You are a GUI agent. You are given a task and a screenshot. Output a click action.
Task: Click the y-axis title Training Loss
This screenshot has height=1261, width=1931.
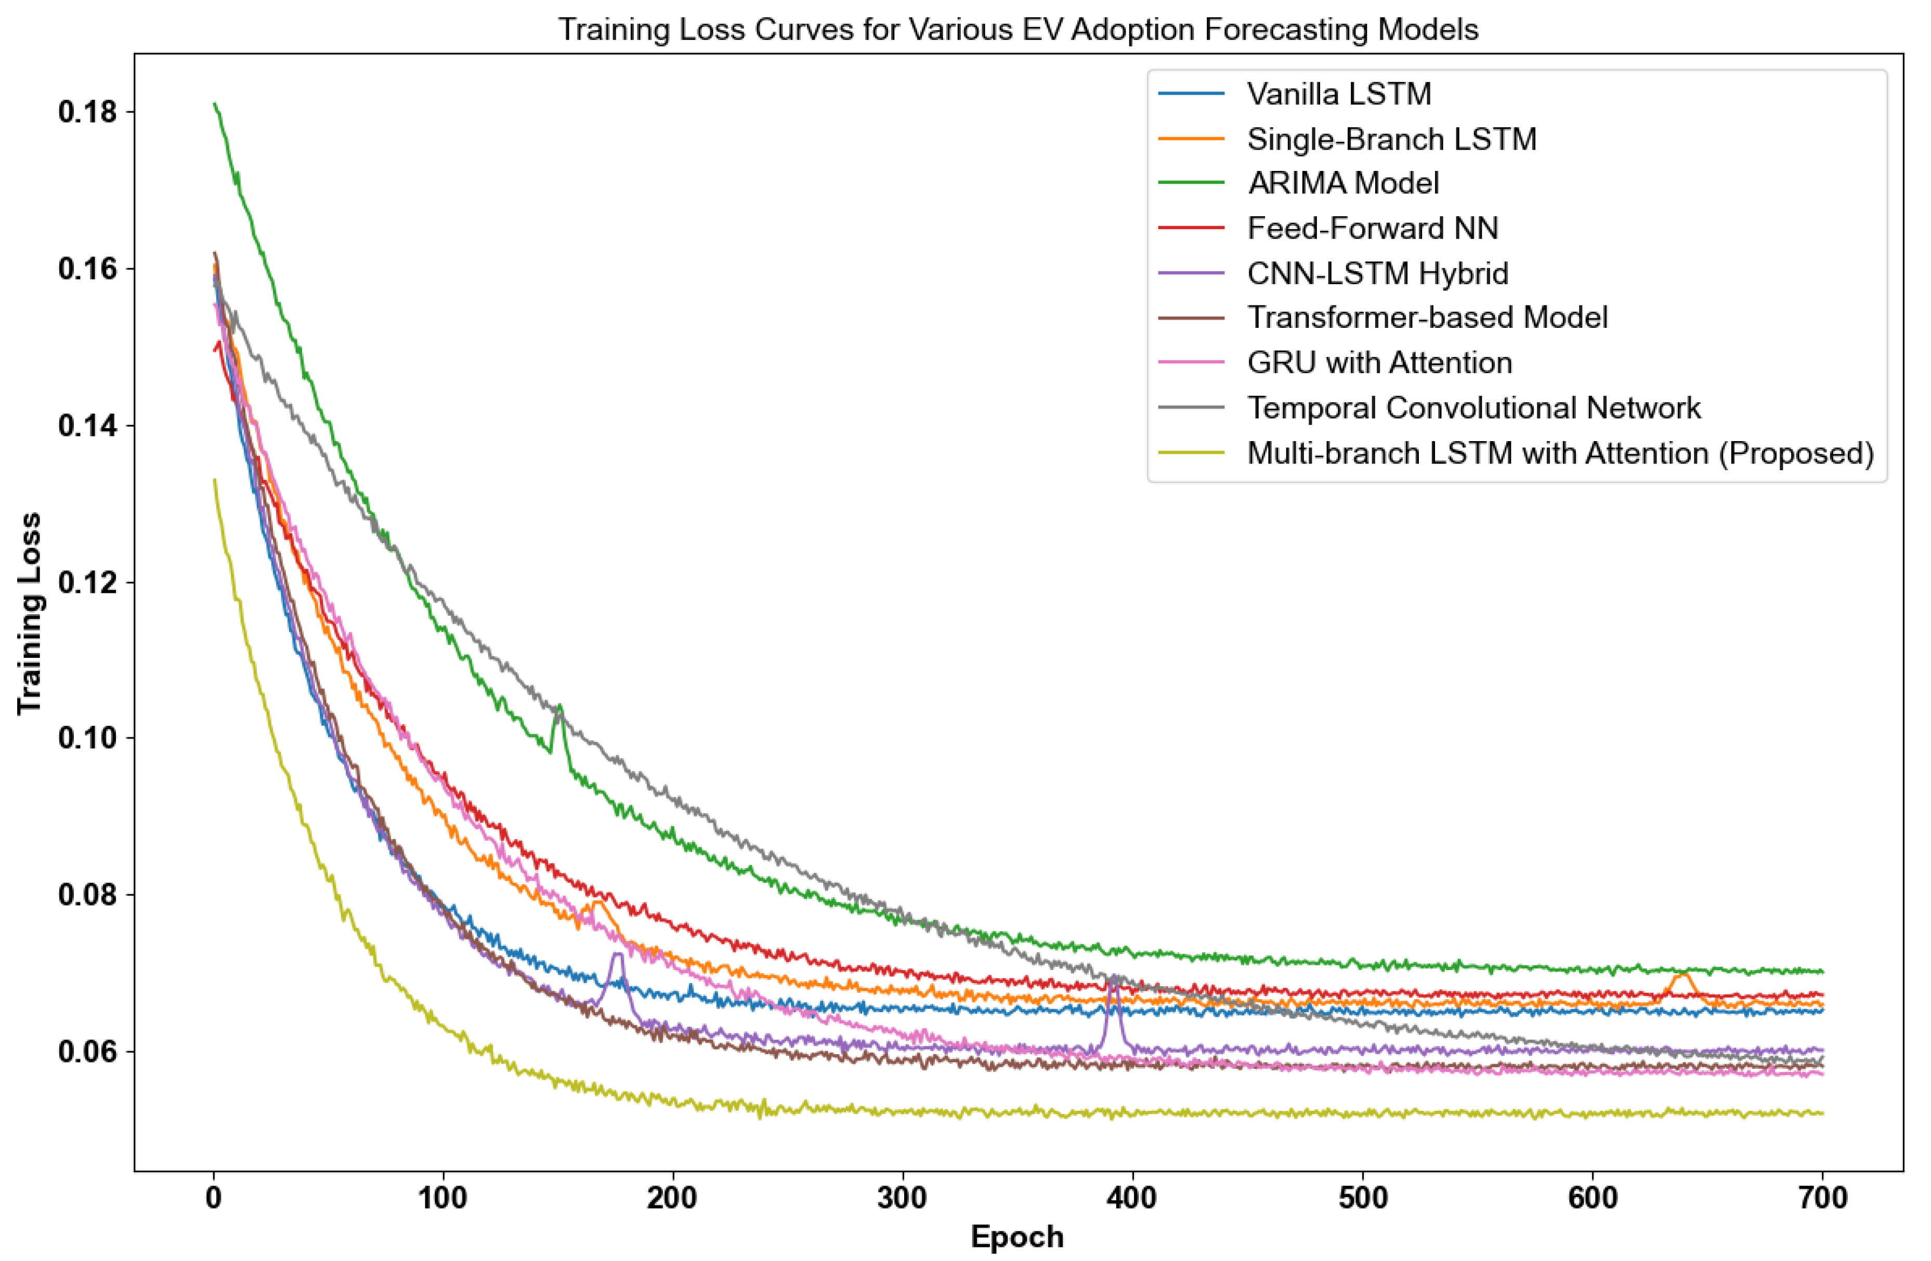tap(29, 613)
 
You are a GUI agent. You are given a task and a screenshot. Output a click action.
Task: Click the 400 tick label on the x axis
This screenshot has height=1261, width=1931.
tap(1132, 1198)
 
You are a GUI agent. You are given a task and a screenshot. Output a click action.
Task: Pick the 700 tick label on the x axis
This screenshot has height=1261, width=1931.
tap(1822, 1198)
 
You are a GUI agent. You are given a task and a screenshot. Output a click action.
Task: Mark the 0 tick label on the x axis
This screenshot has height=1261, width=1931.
tap(213, 1198)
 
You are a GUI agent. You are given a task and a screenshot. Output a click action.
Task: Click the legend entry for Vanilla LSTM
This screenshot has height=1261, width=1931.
tap(1339, 94)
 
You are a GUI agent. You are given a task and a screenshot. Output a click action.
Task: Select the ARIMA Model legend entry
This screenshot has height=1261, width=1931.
tap(1343, 183)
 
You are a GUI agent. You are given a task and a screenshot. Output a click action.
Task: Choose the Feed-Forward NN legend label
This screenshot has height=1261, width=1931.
tap(1372, 229)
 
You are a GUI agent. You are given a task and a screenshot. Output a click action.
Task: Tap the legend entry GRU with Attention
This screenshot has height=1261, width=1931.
tap(1379, 363)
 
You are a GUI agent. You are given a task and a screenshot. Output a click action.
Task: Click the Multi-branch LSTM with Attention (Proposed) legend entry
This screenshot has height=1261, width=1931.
tap(1559, 453)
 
